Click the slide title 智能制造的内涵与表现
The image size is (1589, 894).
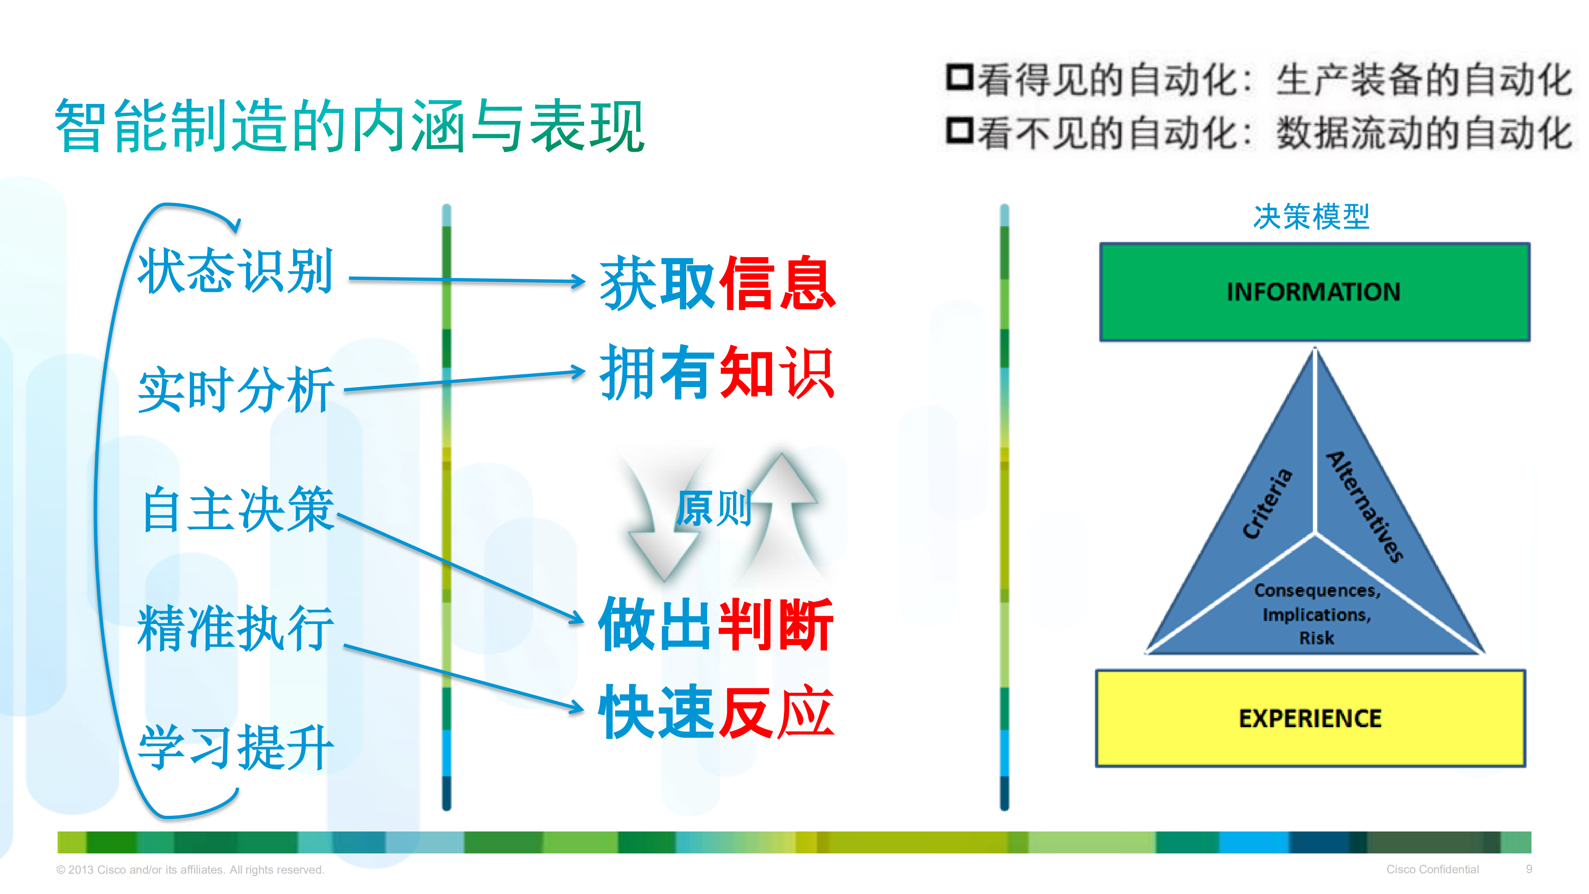point(350,126)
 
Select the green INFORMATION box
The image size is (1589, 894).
point(1314,292)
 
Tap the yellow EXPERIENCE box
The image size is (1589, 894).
point(1310,718)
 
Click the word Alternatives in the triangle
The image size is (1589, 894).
point(1365,506)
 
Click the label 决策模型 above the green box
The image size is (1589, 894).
point(1311,217)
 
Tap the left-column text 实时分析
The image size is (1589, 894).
point(236,390)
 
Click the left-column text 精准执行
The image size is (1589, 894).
point(236,628)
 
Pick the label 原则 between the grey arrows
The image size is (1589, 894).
point(714,508)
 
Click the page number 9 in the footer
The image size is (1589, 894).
point(1529,869)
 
